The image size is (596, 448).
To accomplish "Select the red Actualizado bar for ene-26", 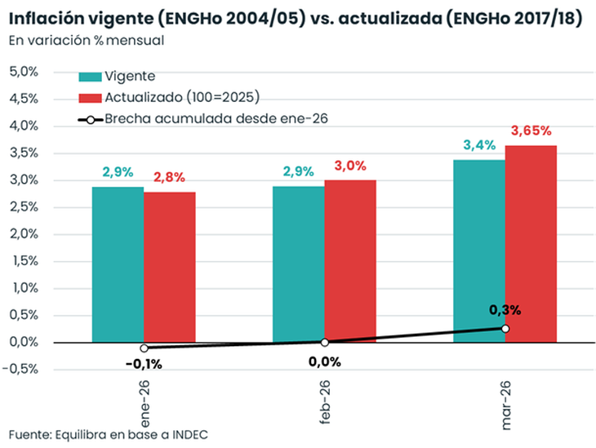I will point(170,267).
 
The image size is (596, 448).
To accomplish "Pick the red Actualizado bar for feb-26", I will point(350,261).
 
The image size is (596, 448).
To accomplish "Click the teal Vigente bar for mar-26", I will point(478,251).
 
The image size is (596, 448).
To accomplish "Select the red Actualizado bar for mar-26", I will point(531,243).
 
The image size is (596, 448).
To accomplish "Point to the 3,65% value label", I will point(531,131).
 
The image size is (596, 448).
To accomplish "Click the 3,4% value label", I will point(479,145).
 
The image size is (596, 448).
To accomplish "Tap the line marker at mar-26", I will point(505,328).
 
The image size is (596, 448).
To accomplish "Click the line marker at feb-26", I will point(324,343).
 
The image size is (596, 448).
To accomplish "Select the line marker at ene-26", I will point(144,348).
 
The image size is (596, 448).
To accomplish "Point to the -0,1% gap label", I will point(145,364).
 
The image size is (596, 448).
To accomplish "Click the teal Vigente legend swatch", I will point(89,77).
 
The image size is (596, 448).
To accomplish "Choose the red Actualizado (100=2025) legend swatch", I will point(89,97).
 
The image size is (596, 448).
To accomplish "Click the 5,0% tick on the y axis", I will point(24,72).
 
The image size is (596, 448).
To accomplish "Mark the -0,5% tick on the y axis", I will point(22,369).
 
